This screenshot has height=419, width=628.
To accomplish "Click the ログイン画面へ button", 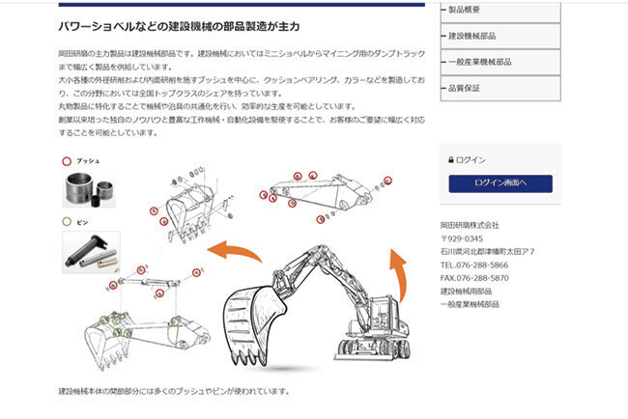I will tap(500, 183).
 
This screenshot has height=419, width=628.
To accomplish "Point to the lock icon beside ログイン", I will tap(450, 160).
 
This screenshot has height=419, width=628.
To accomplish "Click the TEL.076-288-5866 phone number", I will tap(474, 264).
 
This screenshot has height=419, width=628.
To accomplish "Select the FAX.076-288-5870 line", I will tap(474, 277).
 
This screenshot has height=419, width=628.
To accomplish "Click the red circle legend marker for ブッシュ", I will tap(66, 161).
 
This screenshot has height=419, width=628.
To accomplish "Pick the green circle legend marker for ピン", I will tap(66, 222).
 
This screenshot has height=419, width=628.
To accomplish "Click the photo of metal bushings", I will tap(91, 189).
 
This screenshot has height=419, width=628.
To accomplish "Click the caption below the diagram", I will tap(174, 392).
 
